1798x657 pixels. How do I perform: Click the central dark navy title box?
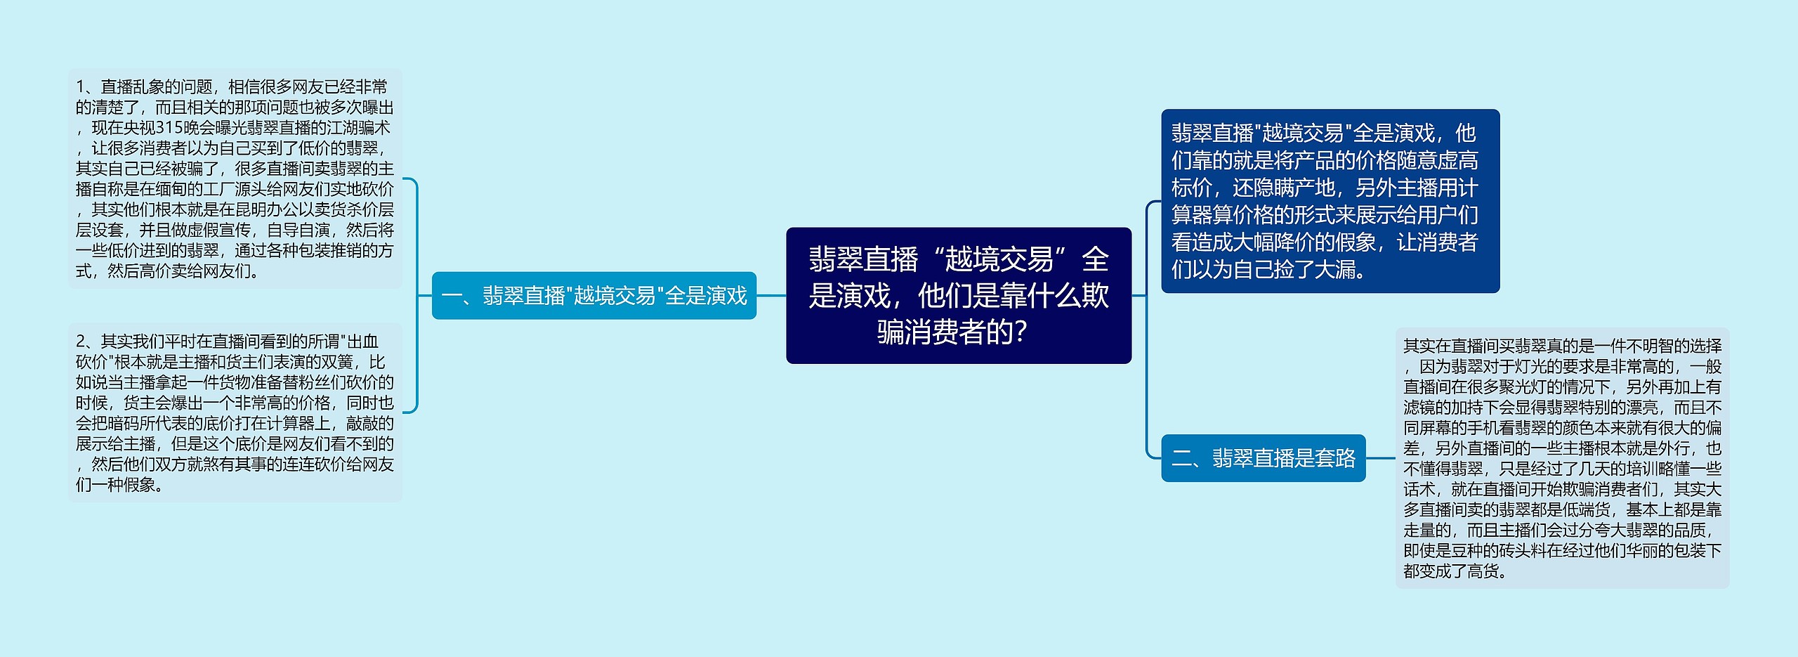[x=958, y=295]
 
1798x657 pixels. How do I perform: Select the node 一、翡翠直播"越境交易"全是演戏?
[x=593, y=296]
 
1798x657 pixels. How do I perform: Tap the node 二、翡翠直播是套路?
[x=1263, y=458]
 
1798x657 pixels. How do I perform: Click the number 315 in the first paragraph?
[x=169, y=128]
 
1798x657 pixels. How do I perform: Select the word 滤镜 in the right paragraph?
[x=1419, y=408]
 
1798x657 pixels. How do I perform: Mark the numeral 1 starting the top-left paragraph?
[x=80, y=87]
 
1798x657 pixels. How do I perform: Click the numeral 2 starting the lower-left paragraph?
[x=81, y=342]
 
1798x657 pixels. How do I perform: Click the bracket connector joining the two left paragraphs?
[x=416, y=295]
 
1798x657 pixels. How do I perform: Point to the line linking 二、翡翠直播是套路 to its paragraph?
[x=1380, y=458]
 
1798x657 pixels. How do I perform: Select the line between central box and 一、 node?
[x=771, y=296]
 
